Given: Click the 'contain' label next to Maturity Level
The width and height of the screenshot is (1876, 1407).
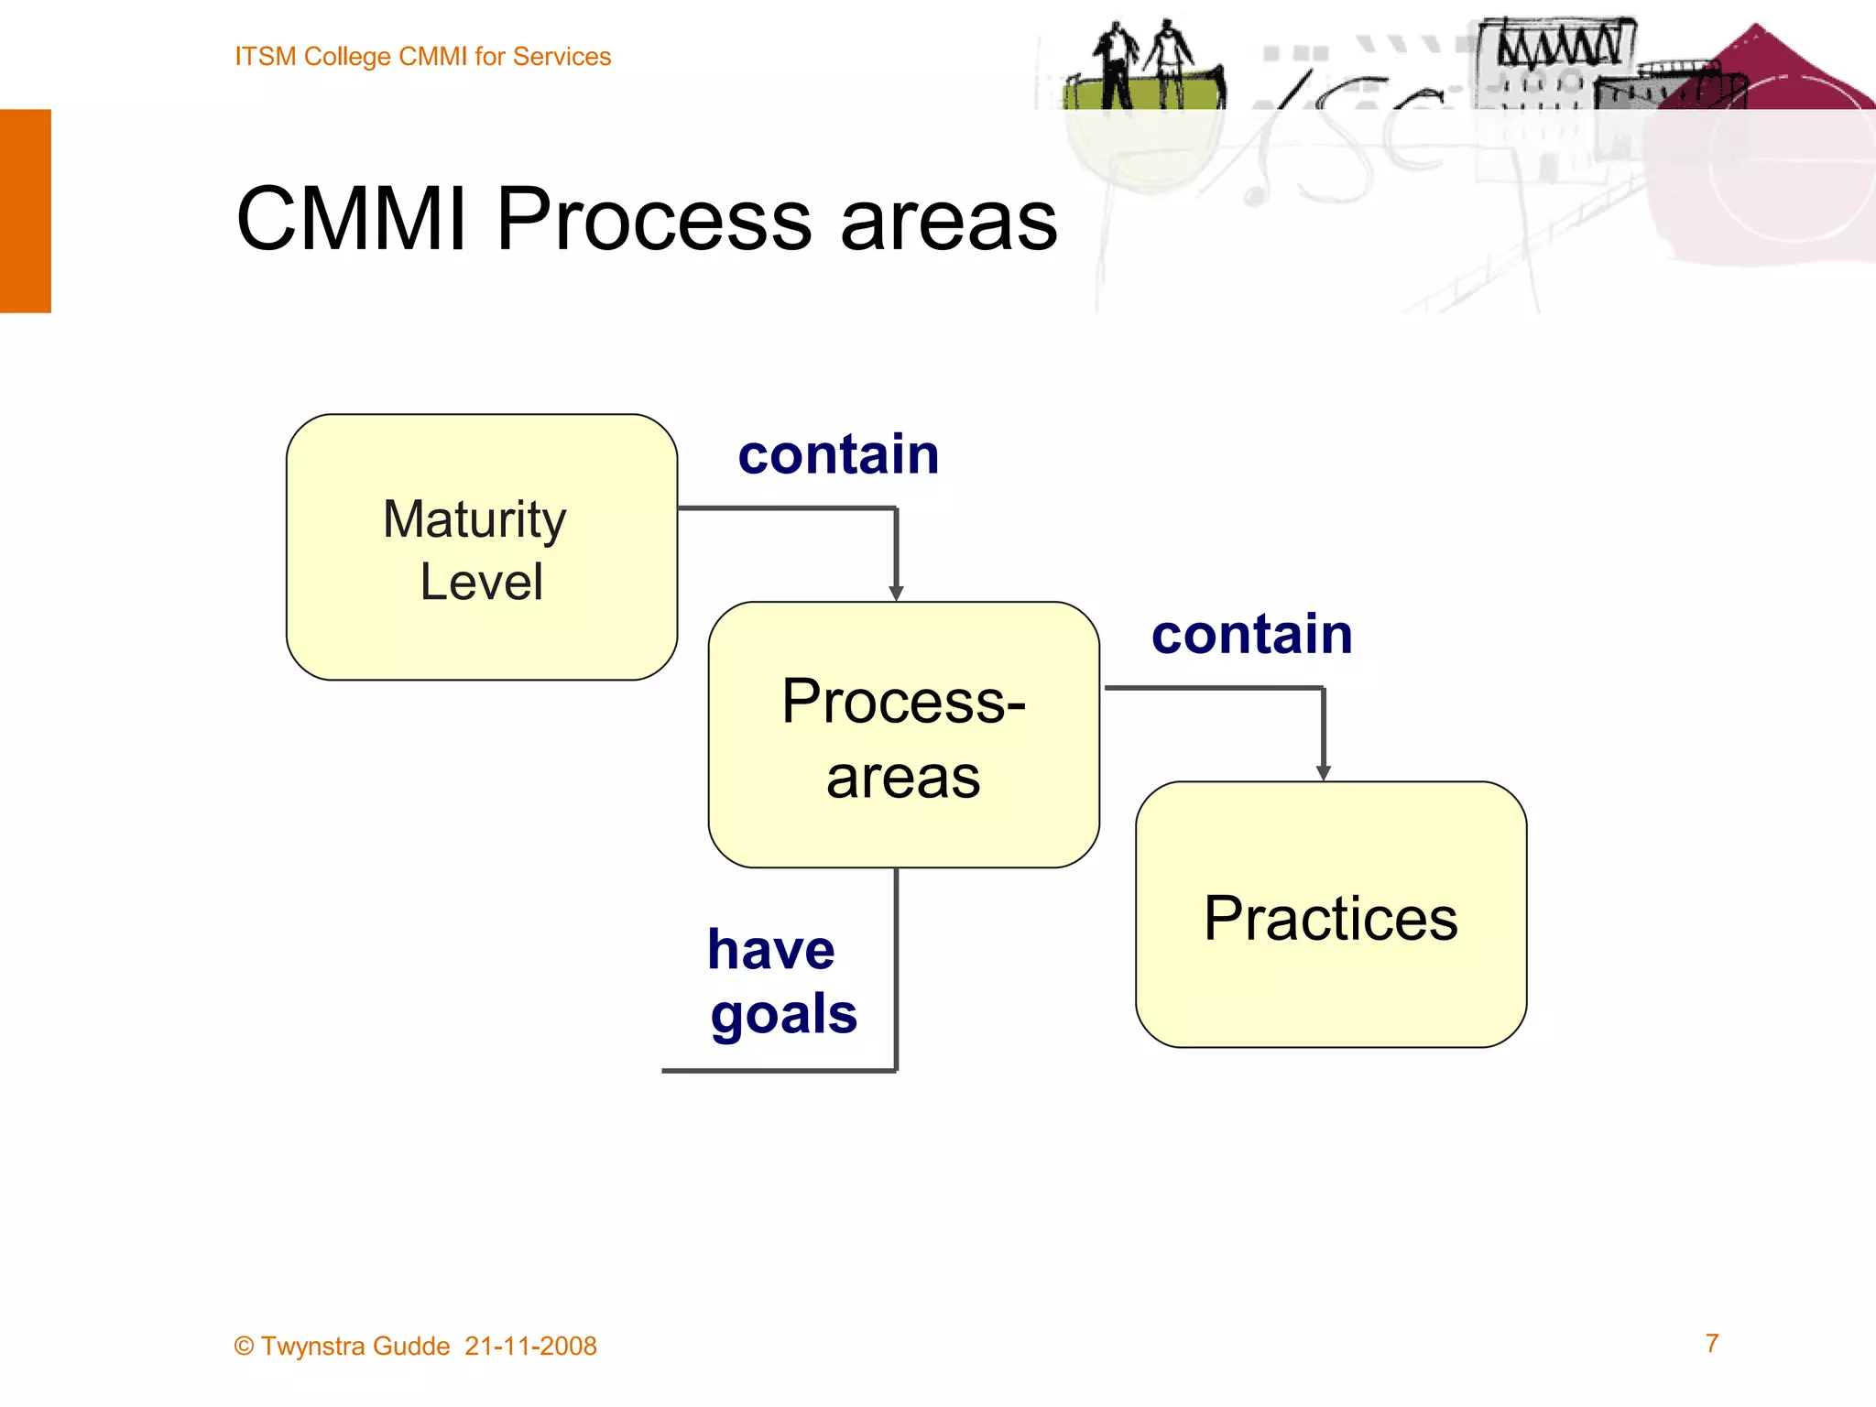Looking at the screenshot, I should pos(838,454).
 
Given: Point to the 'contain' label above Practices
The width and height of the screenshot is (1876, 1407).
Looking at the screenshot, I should pos(1251,634).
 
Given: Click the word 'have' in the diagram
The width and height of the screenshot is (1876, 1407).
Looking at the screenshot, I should pos(770,950).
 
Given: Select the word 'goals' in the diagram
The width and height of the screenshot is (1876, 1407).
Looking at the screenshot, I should pos(783,1015).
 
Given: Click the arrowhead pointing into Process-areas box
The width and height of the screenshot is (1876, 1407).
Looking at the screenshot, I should pos(896,594).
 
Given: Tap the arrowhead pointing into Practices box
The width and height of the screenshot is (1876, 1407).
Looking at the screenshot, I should pos(1323,773).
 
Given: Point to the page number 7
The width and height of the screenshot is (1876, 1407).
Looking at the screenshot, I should pos(1711,1343).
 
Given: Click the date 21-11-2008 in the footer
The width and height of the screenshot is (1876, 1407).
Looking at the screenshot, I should pos(530,1346).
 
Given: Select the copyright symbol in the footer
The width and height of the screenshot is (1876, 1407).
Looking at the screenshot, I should pos(244,1347).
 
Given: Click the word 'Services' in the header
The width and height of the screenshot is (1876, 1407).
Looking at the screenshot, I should pos(562,57).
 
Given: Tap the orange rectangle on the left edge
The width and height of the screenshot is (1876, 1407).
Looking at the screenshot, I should pos(25,211).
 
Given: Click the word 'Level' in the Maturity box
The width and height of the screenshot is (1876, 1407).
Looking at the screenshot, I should pos(481,582).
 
